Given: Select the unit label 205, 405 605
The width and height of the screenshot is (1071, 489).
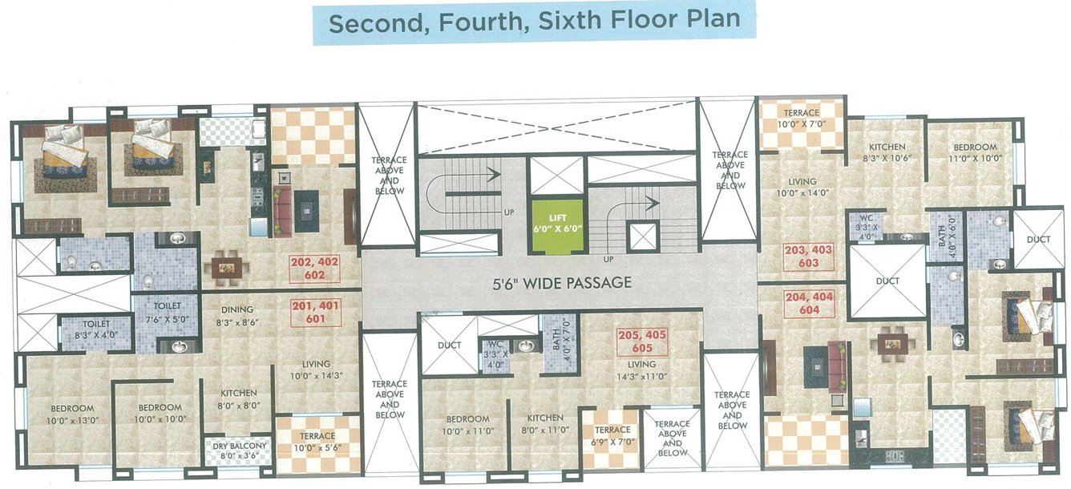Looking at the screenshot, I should click(x=642, y=341).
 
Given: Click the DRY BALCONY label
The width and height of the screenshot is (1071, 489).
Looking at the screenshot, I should click(x=235, y=451).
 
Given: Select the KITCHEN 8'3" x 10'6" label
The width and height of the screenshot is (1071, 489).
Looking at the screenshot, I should click(x=887, y=153).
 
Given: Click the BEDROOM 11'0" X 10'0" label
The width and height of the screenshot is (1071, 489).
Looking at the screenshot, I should click(x=975, y=153).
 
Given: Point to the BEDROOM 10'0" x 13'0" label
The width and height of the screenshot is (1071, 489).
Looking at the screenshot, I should click(x=69, y=413).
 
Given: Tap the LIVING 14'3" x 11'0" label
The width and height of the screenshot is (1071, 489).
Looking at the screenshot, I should click(x=641, y=370).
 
